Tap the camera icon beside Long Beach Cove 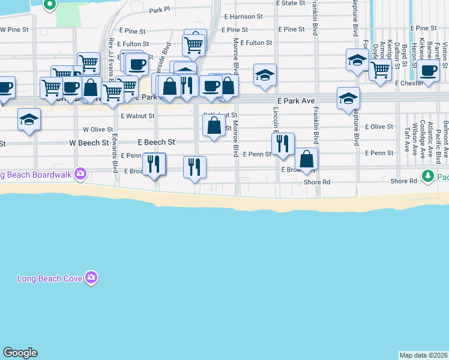point(91,277)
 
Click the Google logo point(20,353)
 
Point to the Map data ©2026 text point(423,355)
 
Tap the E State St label point(291,3)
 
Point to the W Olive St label point(98,129)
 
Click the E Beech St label point(156,142)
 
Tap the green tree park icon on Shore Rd point(427,176)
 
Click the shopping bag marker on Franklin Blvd point(306,160)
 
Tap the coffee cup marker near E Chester point(428,70)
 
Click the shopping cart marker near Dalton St point(380,70)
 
